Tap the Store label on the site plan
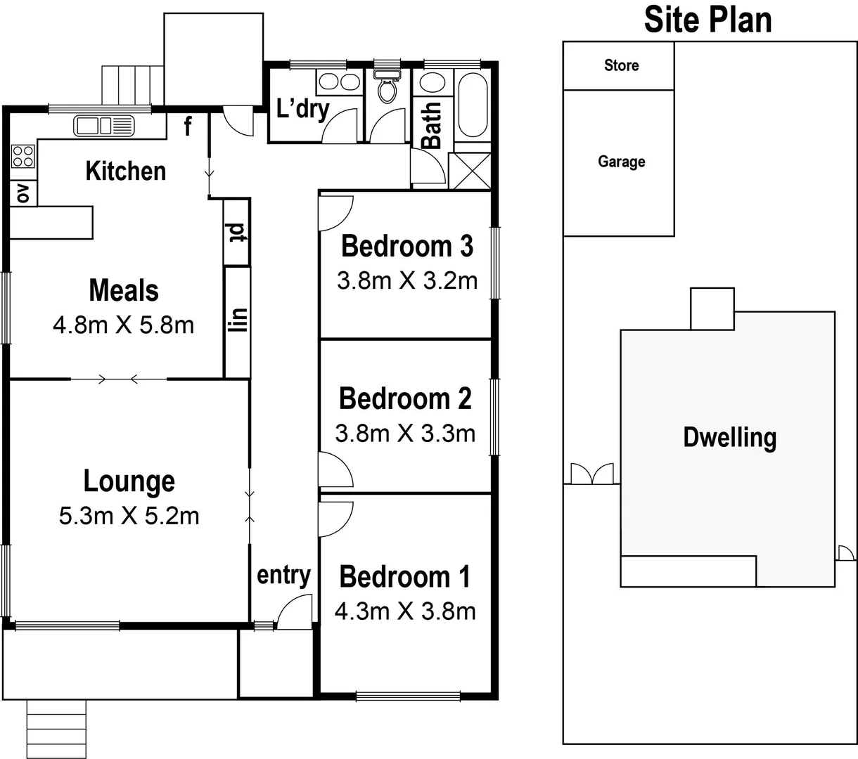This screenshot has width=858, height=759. point(621,65)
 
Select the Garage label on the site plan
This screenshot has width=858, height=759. point(621,162)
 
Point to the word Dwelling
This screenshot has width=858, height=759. point(729,437)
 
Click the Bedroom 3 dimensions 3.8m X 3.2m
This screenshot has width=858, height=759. point(406,281)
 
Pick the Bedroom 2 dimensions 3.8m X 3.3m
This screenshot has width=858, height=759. point(405,434)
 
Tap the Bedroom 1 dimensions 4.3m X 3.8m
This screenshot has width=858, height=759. point(405,611)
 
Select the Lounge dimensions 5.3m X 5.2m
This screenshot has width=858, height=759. point(129,517)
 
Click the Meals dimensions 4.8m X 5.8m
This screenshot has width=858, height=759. point(123,325)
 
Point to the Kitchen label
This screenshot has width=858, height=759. point(125,171)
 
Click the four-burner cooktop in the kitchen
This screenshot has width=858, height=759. point(23,156)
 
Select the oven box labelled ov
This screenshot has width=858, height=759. point(23,193)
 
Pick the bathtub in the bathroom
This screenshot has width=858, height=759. point(472,105)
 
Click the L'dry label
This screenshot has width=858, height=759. point(302,109)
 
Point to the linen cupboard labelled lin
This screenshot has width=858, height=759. point(238,320)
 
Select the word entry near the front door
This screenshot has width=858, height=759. point(283,575)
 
